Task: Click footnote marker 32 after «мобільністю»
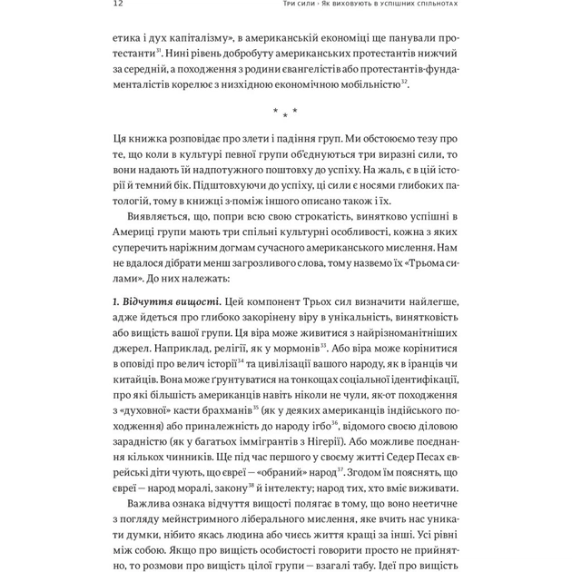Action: click(x=404, y=81)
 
